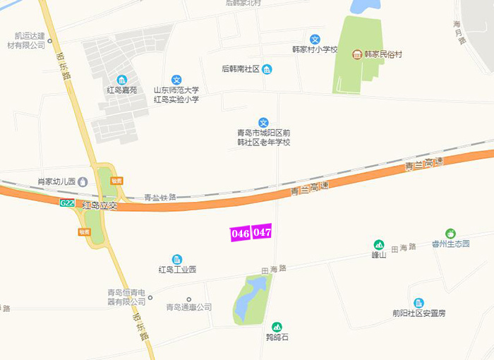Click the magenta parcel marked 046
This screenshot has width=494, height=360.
pyautogui.click(x=241, y=233)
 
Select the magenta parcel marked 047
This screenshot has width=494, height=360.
pyautogui.click(x=263, y=232)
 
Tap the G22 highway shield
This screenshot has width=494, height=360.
pyautogui.click(x=67, y=203)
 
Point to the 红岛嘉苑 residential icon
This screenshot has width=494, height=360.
pyautogui.click(x=122, y=79)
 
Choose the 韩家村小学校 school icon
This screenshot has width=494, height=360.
pyautogui.click(x=315, y=40)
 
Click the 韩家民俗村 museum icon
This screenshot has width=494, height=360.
pyautogui.click(x=357, y=54)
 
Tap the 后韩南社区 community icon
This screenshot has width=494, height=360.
pyautogui.click(x=267, y=68)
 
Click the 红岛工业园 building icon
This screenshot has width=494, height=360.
pyautogui.click(x=176, y=259)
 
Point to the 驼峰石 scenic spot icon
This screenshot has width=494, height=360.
pyautogui.click(x=277, y=327)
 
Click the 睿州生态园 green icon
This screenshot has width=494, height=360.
pyautogui.click(x=450, y=233)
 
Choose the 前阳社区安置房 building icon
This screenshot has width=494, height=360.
pyautogui.click(x=419, y=302)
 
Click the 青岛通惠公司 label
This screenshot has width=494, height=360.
pyautogui.click(x=188, y=307)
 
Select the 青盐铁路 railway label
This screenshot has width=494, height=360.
pyautogui.click(x=159, y=198)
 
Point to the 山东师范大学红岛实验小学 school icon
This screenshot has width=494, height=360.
pyautogui.click(x=176, y=80)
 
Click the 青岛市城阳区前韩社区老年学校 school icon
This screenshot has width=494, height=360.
pyautogui.click(x=263, y=122)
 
